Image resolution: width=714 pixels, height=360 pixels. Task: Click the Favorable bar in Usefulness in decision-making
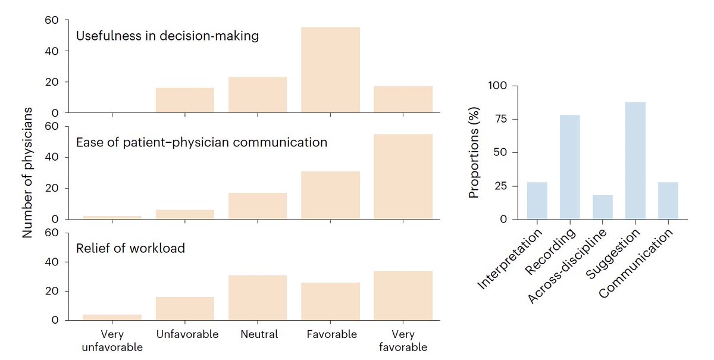[x=330, y=70]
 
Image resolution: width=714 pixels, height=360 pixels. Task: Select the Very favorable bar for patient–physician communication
[x=403, y=177]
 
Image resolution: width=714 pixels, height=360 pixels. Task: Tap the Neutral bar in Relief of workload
[x=258, y=298]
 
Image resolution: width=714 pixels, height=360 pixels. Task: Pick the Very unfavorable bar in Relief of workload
[x=112, y=317]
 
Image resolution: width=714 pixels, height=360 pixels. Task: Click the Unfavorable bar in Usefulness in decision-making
[x=185, y=101]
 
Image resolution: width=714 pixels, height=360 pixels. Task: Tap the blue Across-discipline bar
[x=602, y=207]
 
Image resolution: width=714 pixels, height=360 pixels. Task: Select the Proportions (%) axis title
[x=474, y=153]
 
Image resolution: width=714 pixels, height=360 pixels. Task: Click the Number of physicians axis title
[x=27, y=173]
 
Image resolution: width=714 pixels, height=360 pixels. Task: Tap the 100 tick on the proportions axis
[x=499, y=86]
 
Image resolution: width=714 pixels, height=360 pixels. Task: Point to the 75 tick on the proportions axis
[x=502, y=119]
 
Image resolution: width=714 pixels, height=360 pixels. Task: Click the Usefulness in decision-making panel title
[x=167, y=36]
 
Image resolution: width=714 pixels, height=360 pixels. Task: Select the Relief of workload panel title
[x=130, y=248]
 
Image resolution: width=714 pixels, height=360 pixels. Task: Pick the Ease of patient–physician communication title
[x=201, y=143]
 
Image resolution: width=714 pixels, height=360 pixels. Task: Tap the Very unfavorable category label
[x=112, y=340]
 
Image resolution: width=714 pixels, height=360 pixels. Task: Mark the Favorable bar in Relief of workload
[x=330, y=301]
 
